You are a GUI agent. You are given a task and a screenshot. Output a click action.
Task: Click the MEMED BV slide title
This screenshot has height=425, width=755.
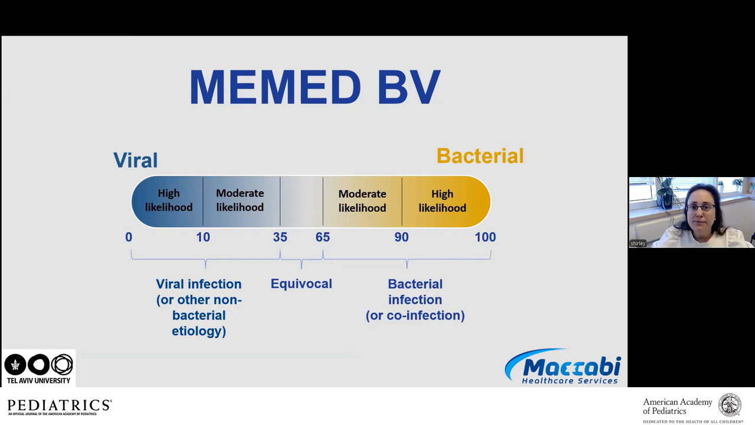(315, 87)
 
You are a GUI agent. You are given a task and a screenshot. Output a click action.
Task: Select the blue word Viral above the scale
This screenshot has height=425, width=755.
(136, 160)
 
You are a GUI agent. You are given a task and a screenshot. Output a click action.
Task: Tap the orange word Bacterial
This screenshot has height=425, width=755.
(480, 156)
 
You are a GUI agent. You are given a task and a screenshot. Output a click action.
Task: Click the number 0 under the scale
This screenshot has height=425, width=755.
(129, 237)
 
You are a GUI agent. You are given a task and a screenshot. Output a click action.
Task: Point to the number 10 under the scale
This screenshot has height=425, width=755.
(203, 237)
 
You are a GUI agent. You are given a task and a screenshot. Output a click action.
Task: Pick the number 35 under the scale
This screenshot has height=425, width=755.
(280, 237)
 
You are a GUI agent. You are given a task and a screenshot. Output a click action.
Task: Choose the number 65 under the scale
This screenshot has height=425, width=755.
(323, 237)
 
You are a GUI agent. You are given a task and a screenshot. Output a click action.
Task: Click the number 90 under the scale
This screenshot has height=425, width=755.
(402, 237)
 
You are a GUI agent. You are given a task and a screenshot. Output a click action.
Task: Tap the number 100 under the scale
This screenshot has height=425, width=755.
(485, 237)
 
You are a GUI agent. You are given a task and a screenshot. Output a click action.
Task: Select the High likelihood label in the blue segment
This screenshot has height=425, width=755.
(169, 200)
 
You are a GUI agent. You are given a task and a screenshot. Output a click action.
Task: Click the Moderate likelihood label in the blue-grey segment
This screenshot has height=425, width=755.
(240, 200)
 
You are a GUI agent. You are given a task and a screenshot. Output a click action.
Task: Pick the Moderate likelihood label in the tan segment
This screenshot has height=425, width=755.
(362, 201)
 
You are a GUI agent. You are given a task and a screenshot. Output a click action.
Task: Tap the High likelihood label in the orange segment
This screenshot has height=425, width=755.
(442, 201)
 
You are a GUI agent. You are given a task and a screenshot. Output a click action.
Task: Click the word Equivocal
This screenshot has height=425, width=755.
(301, 284)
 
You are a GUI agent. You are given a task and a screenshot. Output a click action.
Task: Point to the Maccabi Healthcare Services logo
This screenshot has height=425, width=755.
(563, 367)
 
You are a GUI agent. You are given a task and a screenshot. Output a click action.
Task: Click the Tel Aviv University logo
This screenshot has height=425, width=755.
(38, 368)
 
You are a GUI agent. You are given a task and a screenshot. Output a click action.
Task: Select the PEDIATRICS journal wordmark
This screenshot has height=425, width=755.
(60, 407)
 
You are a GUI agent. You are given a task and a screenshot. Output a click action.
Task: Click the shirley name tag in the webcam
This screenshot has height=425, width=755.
(638, 243)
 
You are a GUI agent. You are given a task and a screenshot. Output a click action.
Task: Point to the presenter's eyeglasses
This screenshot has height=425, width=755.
(700, 207)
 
